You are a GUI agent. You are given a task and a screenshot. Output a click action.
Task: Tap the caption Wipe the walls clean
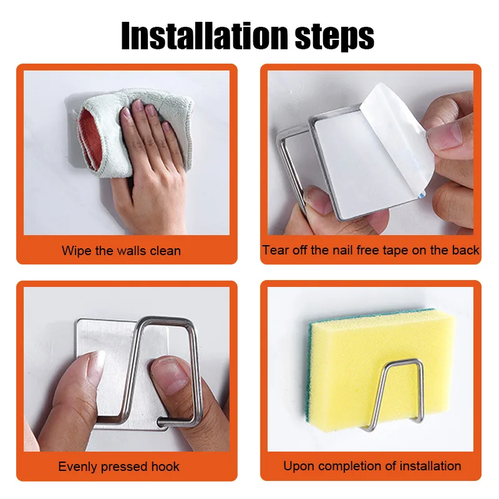(121, 251)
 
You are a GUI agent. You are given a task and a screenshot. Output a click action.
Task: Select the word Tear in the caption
(274, 250)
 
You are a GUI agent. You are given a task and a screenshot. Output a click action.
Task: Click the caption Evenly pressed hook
(119, 467)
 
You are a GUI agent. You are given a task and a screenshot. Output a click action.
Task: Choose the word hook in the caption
(165, 467)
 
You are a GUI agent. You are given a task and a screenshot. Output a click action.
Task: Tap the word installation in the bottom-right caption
(430, 466)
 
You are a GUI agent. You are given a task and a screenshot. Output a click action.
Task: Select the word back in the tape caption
(465, 250)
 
